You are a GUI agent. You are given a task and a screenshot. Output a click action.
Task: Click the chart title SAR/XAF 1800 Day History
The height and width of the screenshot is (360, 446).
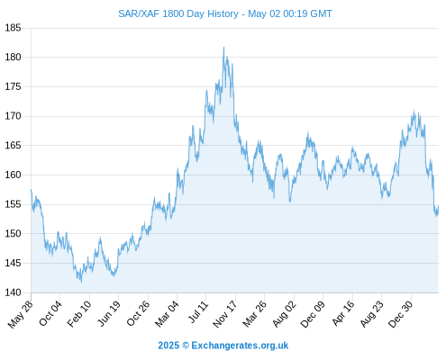[178, 13]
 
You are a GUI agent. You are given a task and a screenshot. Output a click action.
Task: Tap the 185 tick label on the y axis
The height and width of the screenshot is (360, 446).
[13, 28]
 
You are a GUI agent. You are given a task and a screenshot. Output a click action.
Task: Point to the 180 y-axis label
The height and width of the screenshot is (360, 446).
[13, 57]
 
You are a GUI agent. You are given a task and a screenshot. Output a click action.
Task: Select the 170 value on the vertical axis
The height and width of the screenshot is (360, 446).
[13, 116]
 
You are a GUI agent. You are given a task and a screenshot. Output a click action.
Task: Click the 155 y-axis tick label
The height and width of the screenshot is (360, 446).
[13, 204]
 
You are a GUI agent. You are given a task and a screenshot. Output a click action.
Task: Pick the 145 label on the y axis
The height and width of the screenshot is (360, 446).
[13, 264]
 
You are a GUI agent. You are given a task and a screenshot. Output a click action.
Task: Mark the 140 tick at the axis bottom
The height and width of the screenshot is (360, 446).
[13, 292]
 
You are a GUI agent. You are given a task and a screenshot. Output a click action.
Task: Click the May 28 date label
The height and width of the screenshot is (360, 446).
[21, 314]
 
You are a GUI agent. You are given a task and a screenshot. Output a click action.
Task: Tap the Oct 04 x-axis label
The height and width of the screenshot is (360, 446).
[50, 313]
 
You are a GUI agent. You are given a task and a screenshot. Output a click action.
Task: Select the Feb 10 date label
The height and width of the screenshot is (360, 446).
[79, 314]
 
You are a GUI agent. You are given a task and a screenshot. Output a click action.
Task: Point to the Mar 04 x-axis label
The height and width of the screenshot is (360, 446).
[167, 314]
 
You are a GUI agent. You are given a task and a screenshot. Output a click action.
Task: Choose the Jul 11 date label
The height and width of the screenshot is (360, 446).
[198, 312]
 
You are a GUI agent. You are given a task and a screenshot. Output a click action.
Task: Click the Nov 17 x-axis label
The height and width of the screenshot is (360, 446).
[225, 314]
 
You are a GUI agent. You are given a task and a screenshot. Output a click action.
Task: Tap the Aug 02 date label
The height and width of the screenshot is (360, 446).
[284, 314]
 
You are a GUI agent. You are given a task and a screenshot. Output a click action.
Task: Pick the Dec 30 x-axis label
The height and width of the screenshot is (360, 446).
[400, 314]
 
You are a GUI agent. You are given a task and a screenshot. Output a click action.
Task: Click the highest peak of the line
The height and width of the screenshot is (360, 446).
[223, 47]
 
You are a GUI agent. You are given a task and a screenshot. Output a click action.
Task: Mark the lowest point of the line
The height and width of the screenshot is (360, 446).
[81, 282]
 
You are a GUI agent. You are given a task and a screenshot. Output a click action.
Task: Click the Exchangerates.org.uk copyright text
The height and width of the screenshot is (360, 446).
[223, 346]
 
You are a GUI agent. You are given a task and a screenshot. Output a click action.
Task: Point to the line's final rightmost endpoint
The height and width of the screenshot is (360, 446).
[439, 206]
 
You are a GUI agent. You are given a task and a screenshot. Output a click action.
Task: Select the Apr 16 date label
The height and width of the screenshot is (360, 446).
[343, 313]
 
